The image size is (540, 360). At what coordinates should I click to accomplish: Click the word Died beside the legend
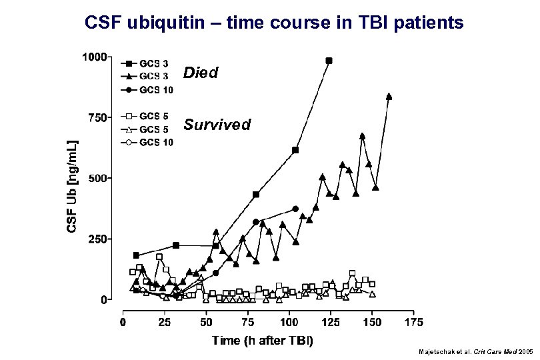point(201,73)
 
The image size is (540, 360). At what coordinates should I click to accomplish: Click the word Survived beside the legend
point(217,125)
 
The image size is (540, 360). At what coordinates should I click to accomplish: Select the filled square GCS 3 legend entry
point(147,64)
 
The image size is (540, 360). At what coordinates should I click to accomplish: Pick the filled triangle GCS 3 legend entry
point(147,77)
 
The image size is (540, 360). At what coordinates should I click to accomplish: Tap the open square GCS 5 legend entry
point(147,115)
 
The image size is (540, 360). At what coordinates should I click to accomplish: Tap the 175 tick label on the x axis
point(413,323)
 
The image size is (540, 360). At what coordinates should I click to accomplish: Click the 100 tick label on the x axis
point(289,323)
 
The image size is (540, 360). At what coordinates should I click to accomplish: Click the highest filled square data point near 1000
point(329,61)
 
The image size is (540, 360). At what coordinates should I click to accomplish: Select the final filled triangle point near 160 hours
point(389,96)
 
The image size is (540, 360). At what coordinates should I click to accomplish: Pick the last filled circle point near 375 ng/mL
point(295,209)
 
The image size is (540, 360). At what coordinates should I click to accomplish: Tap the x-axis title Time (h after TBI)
point(263,341)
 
